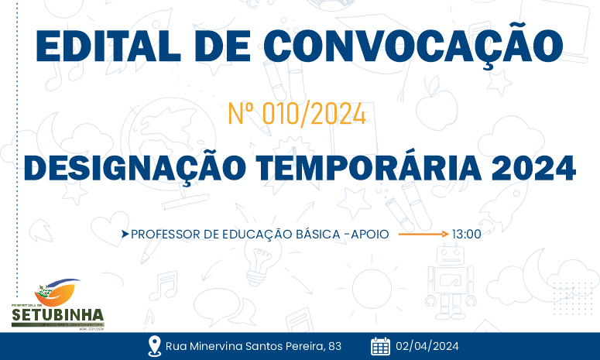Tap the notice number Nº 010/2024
point(297,115)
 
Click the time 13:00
point(467,233)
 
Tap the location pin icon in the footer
point(154,346)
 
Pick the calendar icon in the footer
point(380,346)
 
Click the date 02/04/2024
point(427,346)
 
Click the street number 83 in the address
point(334,346)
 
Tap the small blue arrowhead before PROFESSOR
point(125,233)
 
